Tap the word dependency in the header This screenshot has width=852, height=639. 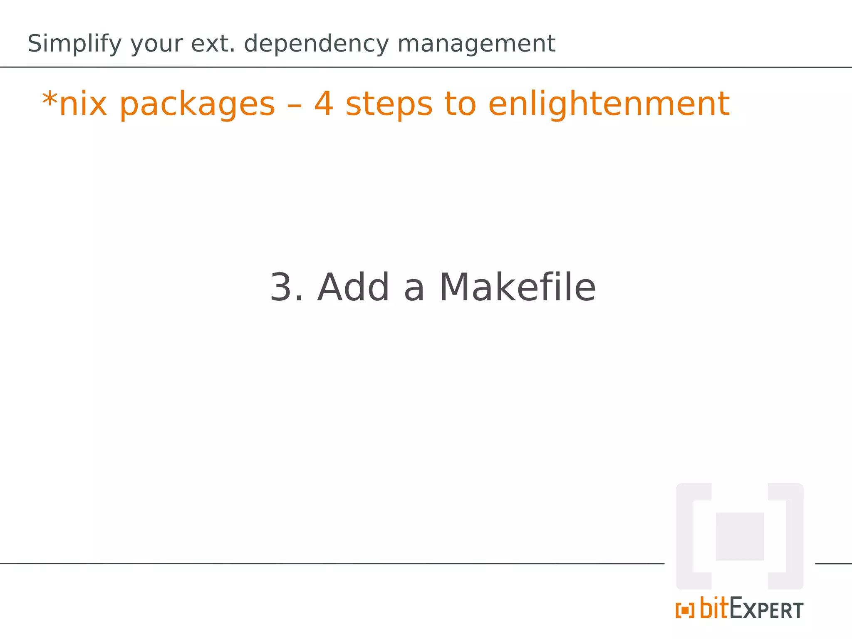pyautogui.click(x=316, y=44)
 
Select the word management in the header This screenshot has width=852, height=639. pyautogui.click(x=476, y=44)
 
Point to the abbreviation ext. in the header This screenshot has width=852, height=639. pyautogui.click(x=213, y=44)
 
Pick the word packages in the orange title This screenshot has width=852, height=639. pyautogui.click(x=197, y=104)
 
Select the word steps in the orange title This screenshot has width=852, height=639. pyautogui.click(x=389, y=104)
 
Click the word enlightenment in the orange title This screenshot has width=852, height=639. pyautogui.click(x=609, y=104)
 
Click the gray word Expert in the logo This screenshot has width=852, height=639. pyautogui.click(x=766, y=609)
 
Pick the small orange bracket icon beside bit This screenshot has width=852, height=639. pyautogui.click(x=685, y=610)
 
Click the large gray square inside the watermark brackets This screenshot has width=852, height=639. pyautogui.click(x=739, y=536)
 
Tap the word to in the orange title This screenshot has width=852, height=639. pyautogui.click(x=460, y=104)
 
